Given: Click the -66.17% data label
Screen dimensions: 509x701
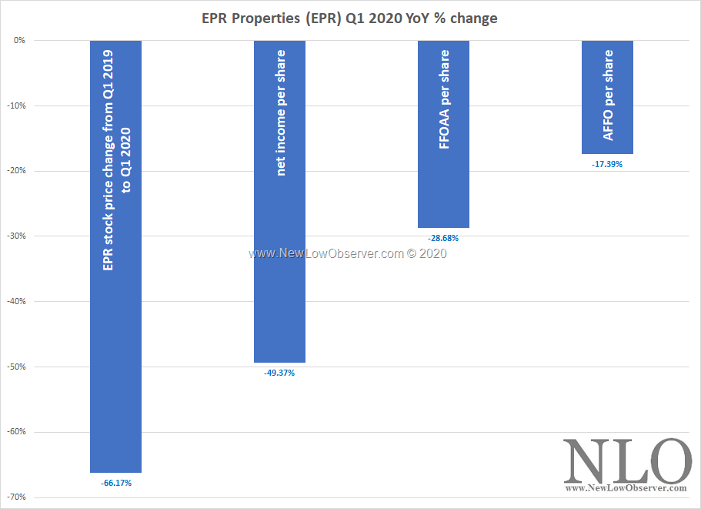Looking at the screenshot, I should (116, 483).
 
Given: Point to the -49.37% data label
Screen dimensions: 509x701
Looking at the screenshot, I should (279, 373).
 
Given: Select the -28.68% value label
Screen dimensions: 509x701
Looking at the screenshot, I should (443, 238).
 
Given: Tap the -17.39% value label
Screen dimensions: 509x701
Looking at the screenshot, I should (607, 164).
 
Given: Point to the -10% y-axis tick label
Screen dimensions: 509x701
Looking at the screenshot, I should (17, 105).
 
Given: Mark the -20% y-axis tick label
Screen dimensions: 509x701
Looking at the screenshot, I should (17, 171).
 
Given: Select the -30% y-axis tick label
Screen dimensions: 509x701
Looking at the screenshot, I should (17, 236).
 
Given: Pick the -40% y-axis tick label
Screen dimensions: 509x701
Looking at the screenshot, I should (17, 301).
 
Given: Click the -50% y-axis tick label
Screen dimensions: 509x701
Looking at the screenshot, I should (17, 367).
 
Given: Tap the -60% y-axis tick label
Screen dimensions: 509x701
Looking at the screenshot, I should (17, 431).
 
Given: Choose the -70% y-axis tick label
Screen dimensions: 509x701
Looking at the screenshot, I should (17, 497).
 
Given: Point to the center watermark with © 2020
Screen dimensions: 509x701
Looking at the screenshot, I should (347, 253).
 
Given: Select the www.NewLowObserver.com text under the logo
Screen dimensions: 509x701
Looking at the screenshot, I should (626, 488).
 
